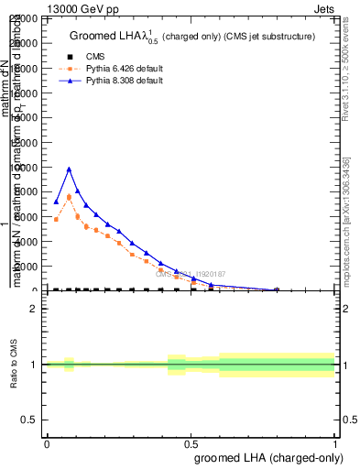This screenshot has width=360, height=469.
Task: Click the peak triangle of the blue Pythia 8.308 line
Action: pos(69,169)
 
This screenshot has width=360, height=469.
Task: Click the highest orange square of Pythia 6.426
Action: pos(69,196)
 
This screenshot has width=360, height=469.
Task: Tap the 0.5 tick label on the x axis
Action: pos(191,443)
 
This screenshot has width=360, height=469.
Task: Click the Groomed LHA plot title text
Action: pos(192,36)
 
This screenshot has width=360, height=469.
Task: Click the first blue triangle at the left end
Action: pos(56,202)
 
